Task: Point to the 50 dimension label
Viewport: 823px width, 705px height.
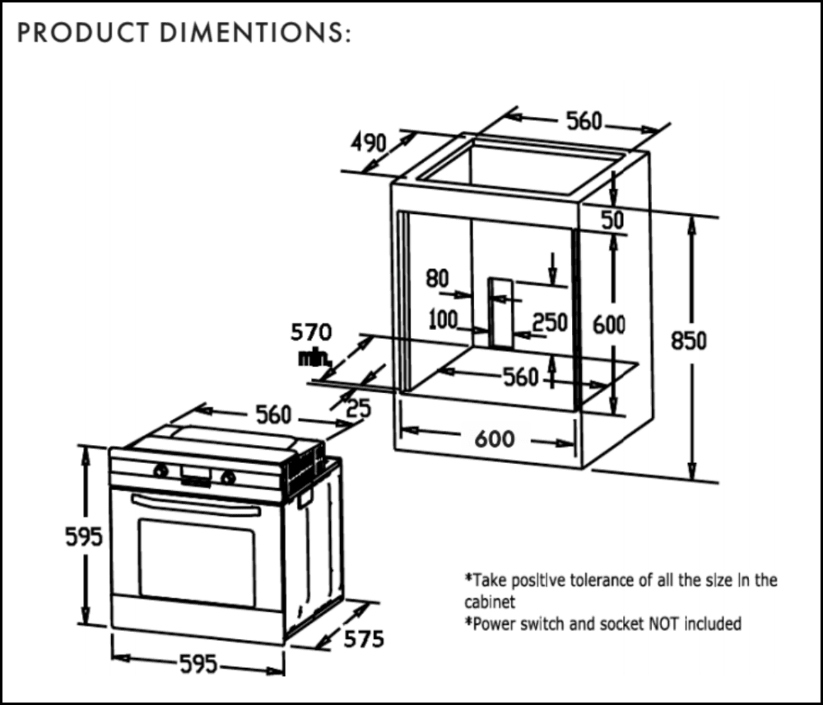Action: (612, 220)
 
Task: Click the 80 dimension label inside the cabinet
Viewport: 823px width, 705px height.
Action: (437, 279)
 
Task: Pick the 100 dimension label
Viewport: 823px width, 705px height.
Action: (443, 318)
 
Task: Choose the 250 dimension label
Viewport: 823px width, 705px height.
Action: (551, 322)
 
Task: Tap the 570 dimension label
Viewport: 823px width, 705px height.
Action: (311, 332)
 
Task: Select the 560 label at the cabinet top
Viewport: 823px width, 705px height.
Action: (584, 122)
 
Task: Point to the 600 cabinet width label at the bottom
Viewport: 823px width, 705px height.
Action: (495, 438)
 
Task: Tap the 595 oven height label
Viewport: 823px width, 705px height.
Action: (84, 536)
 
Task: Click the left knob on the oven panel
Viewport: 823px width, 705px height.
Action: (161, 471)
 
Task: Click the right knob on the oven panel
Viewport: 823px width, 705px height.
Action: (229, 477)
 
